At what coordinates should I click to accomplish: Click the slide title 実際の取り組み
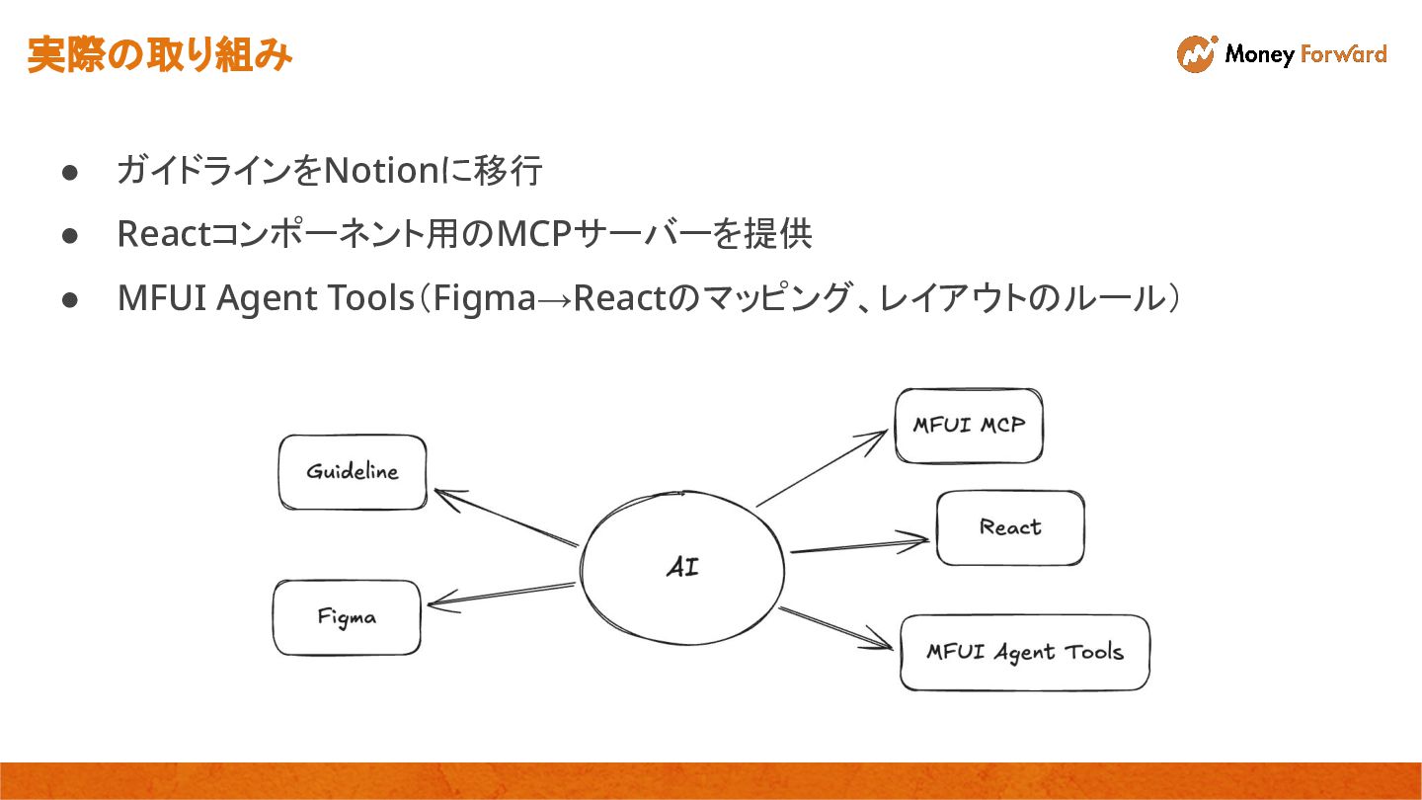click(x=159, y=55)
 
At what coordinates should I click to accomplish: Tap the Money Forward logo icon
click(x=1196, y=54)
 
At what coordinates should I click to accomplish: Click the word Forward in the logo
click(x=1343, y=54)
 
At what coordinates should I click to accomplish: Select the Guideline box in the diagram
click(x=353, y=472)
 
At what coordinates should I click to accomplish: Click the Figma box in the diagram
click(x=347, y=617)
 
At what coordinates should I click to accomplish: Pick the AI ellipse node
click(x=682, y=568)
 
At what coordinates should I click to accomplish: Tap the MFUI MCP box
click(x=969, y=426)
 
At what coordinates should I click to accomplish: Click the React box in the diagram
click(x=1010, y=527)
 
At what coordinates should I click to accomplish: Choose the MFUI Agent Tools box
click(x=1025, y=652)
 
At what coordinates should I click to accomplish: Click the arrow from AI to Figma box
click(x=502, y=595)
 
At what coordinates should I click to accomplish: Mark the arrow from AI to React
click(x=859, y=545)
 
